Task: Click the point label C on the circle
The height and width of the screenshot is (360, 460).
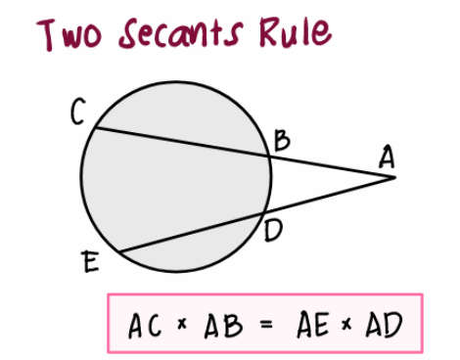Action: coord(76,114)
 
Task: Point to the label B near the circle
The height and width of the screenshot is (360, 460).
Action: coord(281,141)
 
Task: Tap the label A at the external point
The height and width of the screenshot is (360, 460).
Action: coord(387,157)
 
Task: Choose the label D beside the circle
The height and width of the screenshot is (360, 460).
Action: coord(273,232)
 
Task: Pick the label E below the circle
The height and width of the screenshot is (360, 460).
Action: coord(91,261)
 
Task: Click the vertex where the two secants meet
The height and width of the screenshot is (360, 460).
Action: coord(392,177)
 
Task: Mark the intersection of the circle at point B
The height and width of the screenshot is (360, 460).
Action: coord(269,155)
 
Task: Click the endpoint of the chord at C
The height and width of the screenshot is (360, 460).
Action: coord(94,125)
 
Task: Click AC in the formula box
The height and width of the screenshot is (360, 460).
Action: coord(146,325)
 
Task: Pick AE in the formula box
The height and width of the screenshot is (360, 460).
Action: coord(311,324)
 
